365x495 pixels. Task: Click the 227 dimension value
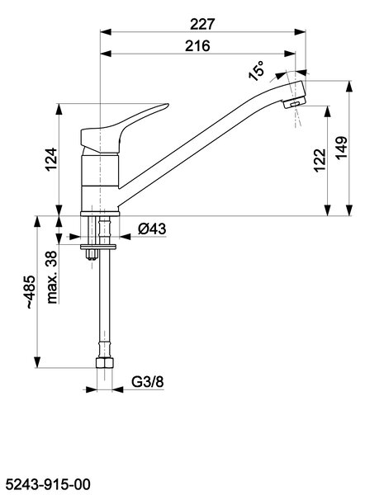pos(202,24)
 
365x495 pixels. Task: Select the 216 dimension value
pos(197,45)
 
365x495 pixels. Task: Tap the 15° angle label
pos(256,71)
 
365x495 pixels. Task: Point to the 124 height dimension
pos(51,159)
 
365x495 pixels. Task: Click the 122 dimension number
pos(320,160)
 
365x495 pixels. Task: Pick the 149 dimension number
pos(341,148)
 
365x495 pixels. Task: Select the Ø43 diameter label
pos(152,229)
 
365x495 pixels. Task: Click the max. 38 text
pos(52,277)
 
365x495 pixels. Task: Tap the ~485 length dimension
pos(31,292)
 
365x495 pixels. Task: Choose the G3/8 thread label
pos(148,382)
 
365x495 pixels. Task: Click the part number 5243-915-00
pos(49,484)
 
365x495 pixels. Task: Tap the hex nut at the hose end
pos(104,362)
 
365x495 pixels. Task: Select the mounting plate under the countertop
pos(98,247)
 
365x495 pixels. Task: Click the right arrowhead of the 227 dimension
pos(301,32)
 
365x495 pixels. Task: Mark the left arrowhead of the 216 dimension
pos(106,54)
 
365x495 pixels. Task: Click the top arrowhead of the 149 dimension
pos(348,86)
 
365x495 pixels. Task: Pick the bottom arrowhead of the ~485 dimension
pos(37,362)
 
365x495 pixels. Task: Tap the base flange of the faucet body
pos(100,214)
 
